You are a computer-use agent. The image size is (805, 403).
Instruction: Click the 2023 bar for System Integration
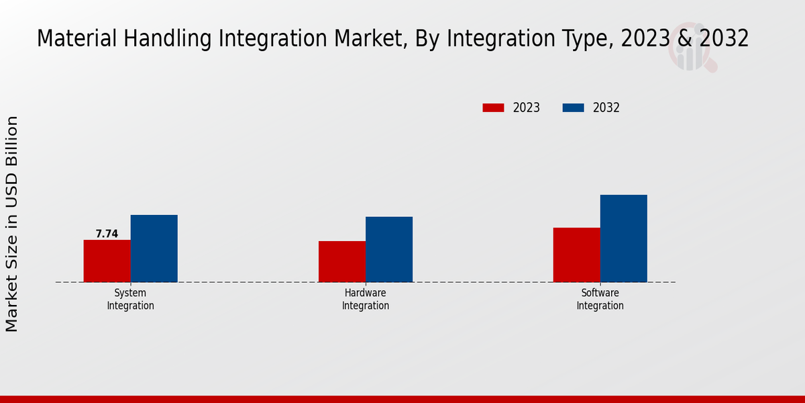(x=107, y=261)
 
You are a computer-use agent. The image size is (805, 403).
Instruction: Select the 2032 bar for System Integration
(x=154, y=249)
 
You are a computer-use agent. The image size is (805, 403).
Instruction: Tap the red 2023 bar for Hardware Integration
(x=342, y=261)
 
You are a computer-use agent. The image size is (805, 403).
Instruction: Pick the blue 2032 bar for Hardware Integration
(x=389, y=249)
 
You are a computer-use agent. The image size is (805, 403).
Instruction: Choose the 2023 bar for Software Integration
(x=576, y=255)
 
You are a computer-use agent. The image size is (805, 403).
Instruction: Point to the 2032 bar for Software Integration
(x=623, y=238)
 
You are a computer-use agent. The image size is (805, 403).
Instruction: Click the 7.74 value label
(x=107, y=234)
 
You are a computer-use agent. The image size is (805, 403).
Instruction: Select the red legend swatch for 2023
(x=493, y=107)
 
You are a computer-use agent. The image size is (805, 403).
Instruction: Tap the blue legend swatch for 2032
(x=573, y=107)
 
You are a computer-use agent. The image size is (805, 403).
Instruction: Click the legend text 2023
(x=527, y=107)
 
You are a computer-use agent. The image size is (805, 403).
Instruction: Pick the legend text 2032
(x=606, y=107)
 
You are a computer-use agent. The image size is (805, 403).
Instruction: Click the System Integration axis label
(x=130, y=300)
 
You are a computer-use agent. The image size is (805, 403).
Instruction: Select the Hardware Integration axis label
(x=366, y=300)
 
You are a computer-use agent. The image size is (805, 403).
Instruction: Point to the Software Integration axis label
(x=600, y=300)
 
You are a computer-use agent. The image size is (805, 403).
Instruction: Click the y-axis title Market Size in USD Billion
(x=12, y=224)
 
